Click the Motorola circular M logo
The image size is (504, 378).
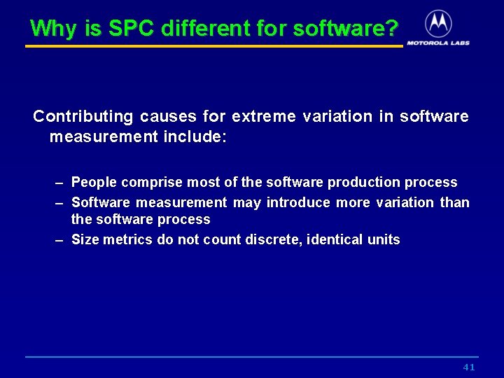(x=438, y=23)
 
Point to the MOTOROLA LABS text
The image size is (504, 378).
(x=438, y=43)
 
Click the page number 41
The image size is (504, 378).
(x=469, y=367)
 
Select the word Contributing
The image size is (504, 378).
(x=83, y=116)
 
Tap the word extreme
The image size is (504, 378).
(x=264, y=116)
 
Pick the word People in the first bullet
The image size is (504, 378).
(x=94, y=183)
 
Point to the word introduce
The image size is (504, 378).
(x=298, y=203)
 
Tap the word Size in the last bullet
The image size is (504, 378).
(x=85, y=240)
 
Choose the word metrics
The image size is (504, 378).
(x=125, y=240)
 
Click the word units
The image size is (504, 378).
(x=384, y=240)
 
